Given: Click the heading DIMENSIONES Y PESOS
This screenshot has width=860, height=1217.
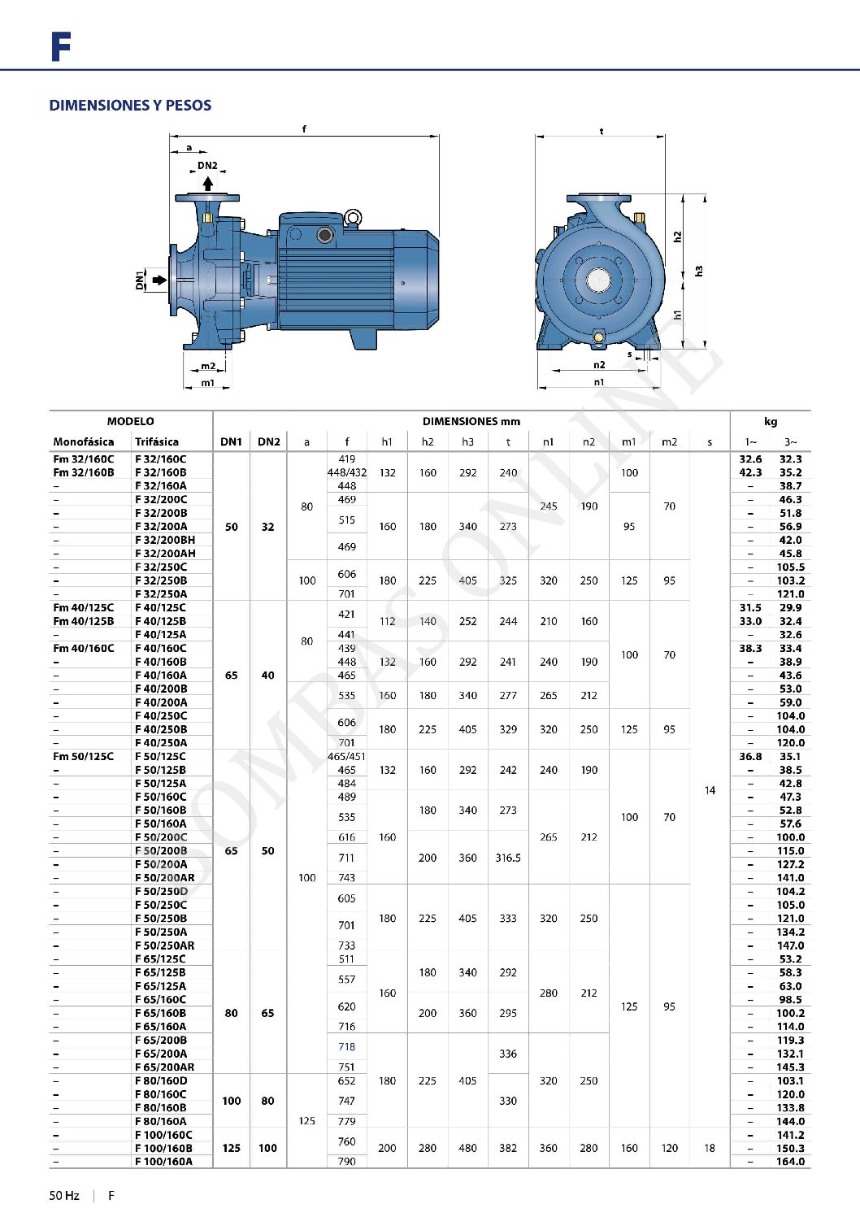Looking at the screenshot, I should click(x=130, y=106).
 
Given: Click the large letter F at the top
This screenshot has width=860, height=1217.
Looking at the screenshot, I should click(x=61, y=47).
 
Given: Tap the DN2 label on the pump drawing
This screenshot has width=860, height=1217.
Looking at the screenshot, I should click(x=207, y=166).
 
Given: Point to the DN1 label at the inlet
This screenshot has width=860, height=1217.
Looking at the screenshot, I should click(x=140, y=280).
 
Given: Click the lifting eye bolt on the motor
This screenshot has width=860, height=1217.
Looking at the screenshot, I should click(x=353, y=217).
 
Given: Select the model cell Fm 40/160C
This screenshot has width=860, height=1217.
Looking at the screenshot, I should click(x=83, y=648).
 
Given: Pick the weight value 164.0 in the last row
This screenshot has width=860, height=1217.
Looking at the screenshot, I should click(x=790, y=1162).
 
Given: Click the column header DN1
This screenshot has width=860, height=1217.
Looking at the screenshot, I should click(x=231, y=442).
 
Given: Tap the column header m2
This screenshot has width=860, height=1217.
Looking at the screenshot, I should click(x=669, y=442).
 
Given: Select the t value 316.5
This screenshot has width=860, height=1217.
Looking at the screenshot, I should click(x=508, y=858).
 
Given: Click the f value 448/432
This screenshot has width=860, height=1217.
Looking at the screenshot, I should click(x=347, y=472).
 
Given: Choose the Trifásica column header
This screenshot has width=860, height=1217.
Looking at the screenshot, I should click(x=157, y=442).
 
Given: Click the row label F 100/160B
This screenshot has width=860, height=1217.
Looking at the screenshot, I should click(x=163, y=1148).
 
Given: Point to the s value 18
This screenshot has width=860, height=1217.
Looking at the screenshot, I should click(x=710, y=1148).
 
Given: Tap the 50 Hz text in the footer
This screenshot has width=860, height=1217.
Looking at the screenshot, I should click(x=64, y=1196).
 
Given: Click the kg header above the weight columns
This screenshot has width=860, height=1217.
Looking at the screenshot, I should click(x=770, y=421).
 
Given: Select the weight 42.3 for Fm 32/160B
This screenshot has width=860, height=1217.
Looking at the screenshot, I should click(x=750, y=472).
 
